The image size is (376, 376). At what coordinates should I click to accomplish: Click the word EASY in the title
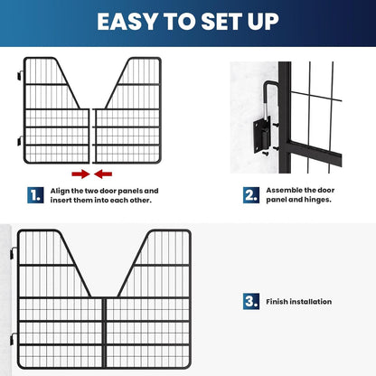[132, 22]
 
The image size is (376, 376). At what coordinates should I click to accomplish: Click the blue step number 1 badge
[34, 193]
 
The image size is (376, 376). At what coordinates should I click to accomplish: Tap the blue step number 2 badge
[249, 193]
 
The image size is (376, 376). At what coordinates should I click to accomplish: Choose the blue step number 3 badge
[249, 301]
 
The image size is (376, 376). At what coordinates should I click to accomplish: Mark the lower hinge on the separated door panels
[19, 141]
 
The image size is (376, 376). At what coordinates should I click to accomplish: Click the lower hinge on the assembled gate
[14, 340]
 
